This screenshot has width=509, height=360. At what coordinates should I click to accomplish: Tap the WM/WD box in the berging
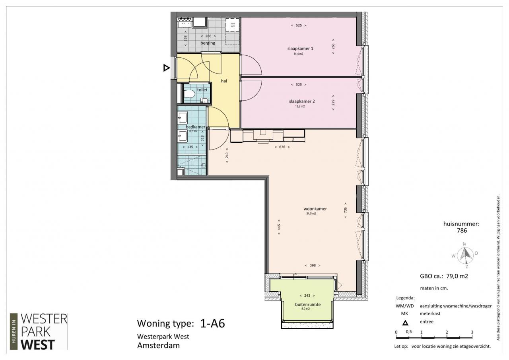pos(233,25)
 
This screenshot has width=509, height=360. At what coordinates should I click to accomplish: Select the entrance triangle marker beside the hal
pos(166,68)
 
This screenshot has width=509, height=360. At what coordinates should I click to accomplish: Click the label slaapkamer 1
pos(300,49)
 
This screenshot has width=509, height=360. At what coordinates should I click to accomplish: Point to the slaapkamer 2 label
pos(302,101)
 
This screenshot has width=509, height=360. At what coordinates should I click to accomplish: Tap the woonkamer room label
pos(315,208)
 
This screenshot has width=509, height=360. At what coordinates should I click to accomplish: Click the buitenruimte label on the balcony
pos(308,305)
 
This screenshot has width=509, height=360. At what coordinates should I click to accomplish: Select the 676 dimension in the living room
pos(282,147)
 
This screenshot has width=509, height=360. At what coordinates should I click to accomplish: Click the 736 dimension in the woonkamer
pos(346,210)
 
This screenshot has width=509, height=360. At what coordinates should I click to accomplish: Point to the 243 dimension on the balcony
pos(307,296)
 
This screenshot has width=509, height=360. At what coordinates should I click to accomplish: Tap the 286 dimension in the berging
pos(208,36)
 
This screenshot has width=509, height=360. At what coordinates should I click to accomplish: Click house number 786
pos(462,230)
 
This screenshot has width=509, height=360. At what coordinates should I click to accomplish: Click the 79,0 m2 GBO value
pos(457,276)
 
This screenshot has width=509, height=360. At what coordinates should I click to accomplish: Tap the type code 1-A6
pos(212,323)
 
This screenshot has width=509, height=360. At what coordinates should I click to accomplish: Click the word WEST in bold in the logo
pos(38,344)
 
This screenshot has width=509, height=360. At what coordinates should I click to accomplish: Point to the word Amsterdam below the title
pos(158,345)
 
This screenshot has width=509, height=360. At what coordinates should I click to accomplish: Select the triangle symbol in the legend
pos(405,323)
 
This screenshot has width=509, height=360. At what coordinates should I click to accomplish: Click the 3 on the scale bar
pos(472,332)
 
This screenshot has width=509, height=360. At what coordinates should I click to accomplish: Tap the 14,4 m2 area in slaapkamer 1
pos(298,54)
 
